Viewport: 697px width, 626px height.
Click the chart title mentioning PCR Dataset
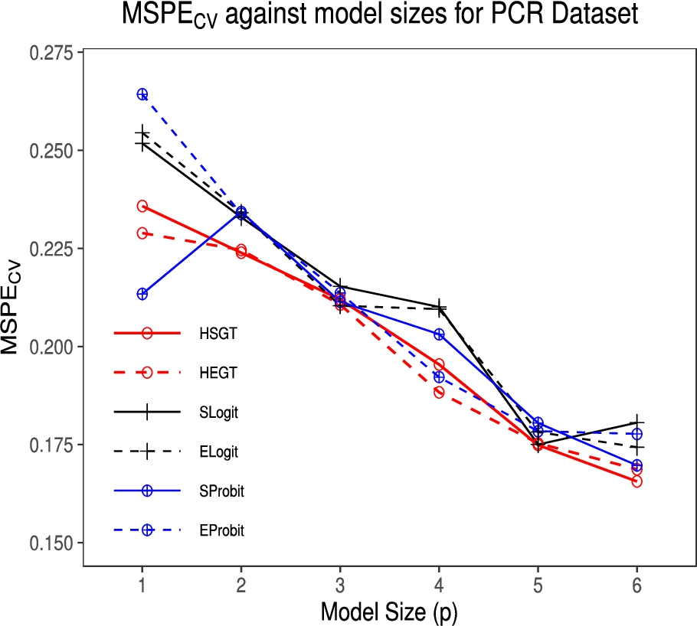(381, 17)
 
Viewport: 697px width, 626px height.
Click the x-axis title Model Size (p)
(388, 611)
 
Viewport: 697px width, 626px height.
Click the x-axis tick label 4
(439, 585)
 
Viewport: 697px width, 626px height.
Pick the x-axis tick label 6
(636, 585)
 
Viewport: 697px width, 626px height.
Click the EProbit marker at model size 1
(142, 94)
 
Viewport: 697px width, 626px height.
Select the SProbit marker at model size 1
(142, 294)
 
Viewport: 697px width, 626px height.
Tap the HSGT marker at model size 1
(142, 206)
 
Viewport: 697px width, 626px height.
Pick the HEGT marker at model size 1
(142, 233)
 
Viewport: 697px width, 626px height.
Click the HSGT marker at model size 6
(636, 481)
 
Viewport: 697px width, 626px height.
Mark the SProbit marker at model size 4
(439, 334)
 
